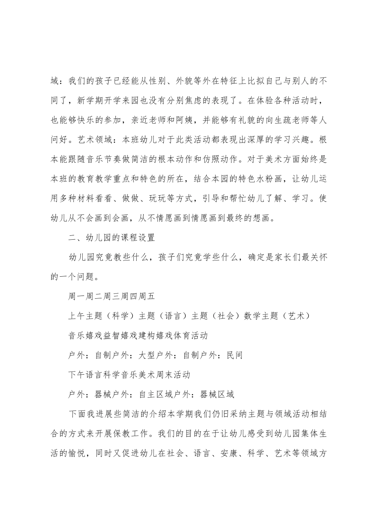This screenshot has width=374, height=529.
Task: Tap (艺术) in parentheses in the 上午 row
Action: click(x=295, y=316)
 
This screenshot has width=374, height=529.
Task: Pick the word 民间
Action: click(x=235, y=355)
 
